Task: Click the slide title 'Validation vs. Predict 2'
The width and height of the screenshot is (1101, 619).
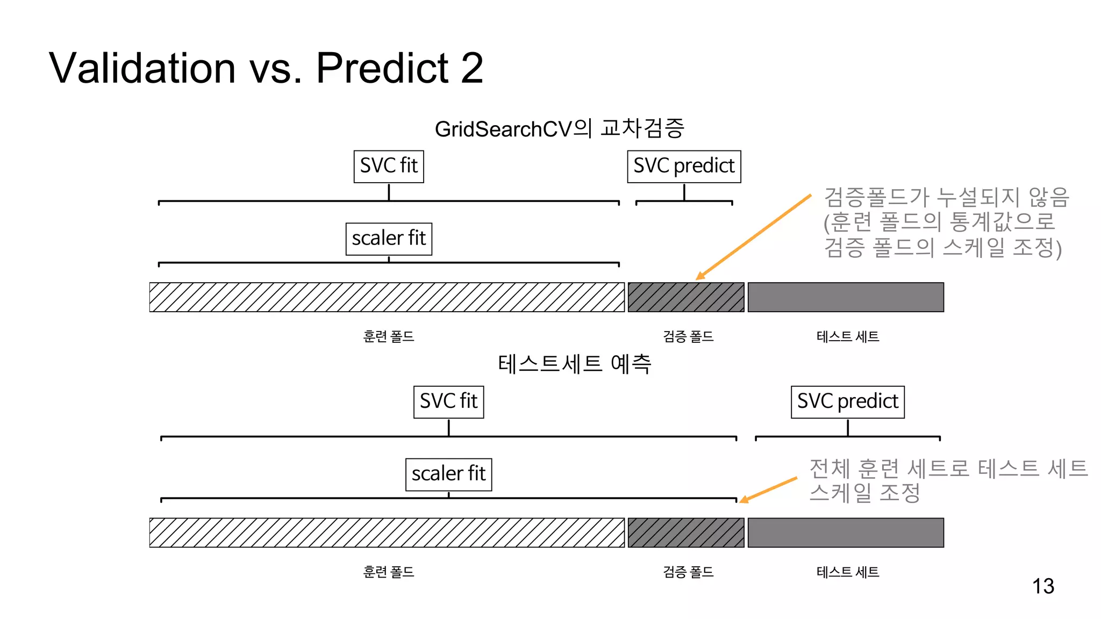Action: click(x=266, y=68)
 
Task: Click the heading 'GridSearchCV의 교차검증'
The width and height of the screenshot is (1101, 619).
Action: click(x=559, y=129)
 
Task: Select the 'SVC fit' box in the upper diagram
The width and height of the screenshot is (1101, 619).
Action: click(x=389, y=167)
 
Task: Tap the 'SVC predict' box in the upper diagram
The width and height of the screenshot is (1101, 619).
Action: click(x=684, y=167)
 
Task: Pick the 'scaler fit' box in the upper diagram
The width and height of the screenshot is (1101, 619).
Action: click(x=389, y=239)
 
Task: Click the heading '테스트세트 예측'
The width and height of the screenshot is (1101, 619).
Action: click(x=574, y=364)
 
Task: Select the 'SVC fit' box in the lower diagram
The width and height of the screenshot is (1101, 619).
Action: click(x=448, y=402)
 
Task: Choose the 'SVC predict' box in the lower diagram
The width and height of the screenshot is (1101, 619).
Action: click(x=847, y=402)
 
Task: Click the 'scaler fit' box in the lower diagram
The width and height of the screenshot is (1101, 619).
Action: click(x=448, y=474)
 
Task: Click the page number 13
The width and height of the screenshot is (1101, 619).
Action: click(x=1043, y=586)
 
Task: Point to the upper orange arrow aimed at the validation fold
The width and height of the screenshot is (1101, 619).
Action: click(x=753, y=237)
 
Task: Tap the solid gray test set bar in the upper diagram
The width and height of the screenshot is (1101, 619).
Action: click(x=846, y=297)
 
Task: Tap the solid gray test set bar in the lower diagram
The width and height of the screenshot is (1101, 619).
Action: click(x=846, y=532)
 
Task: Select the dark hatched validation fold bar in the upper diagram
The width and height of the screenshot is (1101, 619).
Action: click(x=686, y=297)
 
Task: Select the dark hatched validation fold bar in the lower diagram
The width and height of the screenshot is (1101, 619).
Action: click(x=686, y=532)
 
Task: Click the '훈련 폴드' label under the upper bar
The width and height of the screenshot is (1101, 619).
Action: click(x=388, y=337)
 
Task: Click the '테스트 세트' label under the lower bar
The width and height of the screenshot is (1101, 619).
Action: click(x=848, y=572)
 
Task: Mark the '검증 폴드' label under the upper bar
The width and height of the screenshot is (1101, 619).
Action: click(x=688, y=337)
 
